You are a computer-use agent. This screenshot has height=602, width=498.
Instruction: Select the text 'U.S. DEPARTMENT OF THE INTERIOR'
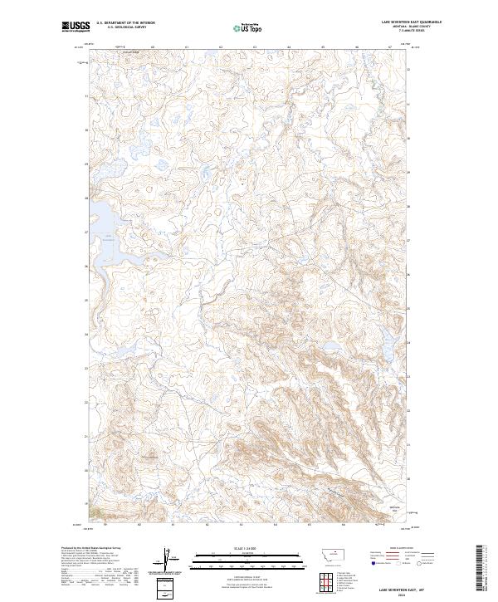(x=126, y=23)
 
